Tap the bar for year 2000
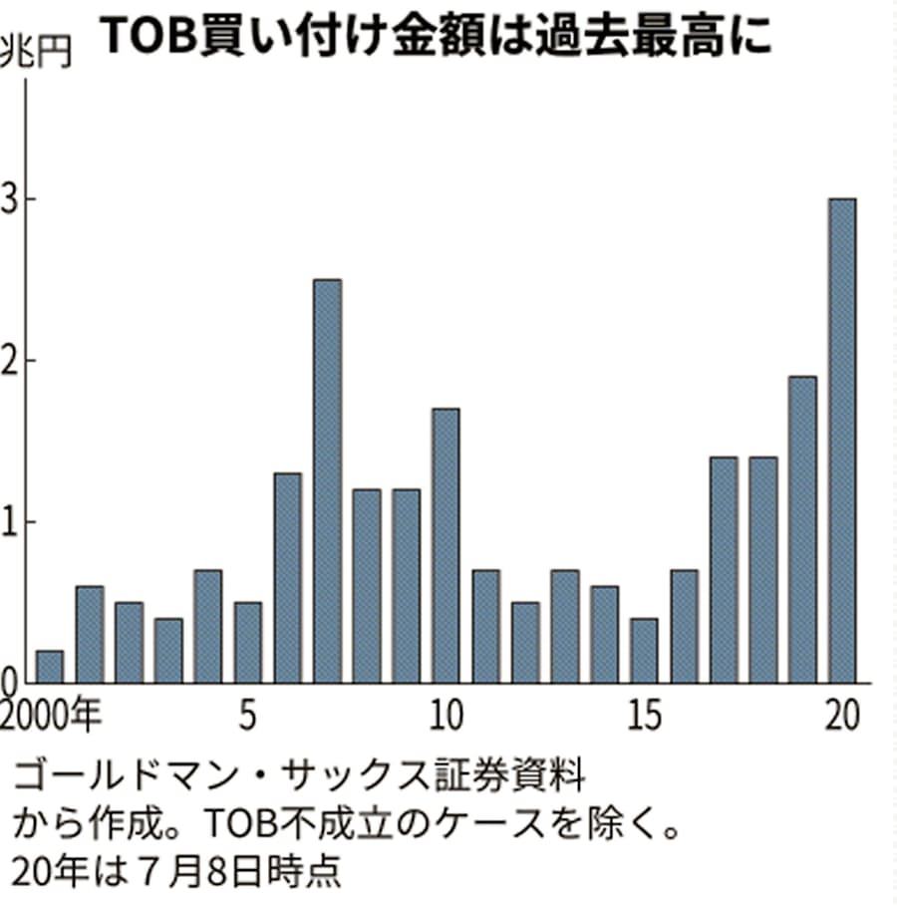(50, 667)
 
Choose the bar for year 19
(802, 529)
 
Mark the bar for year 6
(288, 578)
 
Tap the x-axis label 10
(447, 715)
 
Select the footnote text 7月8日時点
(229, 872)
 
